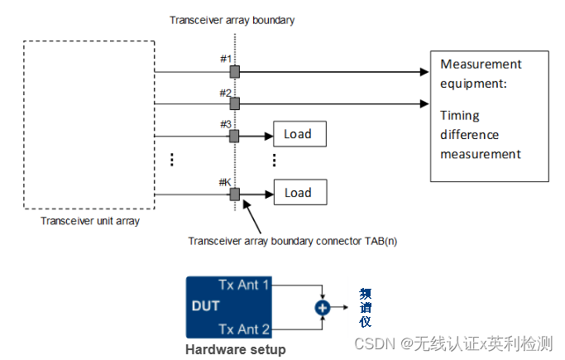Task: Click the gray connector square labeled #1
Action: (235, 72)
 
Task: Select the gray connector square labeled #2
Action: (235, 103)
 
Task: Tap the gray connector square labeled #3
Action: (235, 135)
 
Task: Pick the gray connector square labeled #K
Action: (235, 194)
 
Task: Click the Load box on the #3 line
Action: (300, 133)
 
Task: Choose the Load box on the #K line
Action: (300, 193)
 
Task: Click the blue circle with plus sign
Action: (323, 307)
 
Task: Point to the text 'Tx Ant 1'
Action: (244, 285)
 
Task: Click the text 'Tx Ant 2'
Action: (244, 329)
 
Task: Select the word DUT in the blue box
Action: (205, 306)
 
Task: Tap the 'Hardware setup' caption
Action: (235, 349)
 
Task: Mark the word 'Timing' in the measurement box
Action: (459, 116)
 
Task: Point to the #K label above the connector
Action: (223, 182)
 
